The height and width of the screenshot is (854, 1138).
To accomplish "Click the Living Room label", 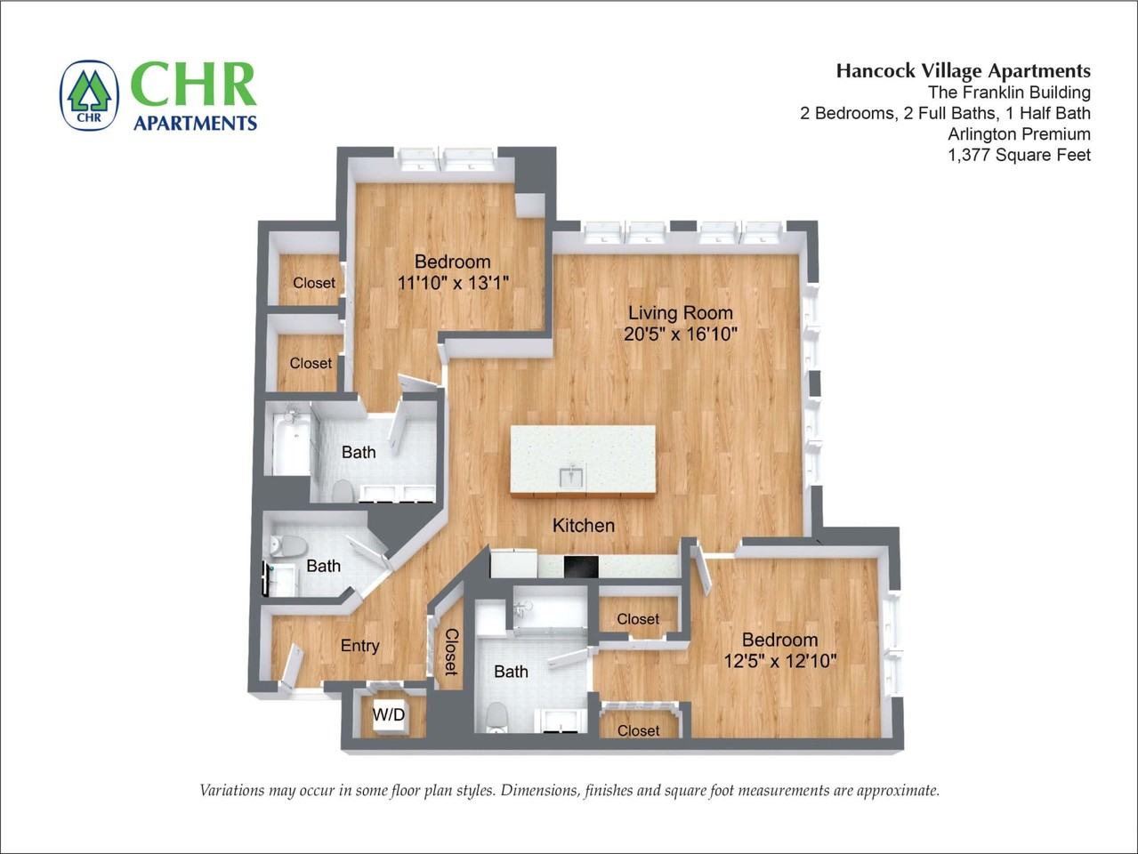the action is click(680, 313).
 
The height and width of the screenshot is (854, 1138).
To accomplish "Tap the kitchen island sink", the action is click(572, 477).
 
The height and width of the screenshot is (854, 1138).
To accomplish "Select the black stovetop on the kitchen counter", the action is click(581, 567).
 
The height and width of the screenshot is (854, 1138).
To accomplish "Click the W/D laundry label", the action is click(388, 715).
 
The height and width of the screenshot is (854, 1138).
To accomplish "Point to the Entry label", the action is click(359, 646).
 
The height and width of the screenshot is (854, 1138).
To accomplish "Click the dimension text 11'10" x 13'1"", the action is click(453, 283).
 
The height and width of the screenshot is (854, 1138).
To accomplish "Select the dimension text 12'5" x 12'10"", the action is click(779, 661).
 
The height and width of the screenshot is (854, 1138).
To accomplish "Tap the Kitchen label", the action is click(584, 526).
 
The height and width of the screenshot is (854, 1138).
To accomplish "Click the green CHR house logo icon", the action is click(89, 95).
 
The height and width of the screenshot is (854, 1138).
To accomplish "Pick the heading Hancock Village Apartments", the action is click(964, 71).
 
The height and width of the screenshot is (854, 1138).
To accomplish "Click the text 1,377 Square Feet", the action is click(1020, 155).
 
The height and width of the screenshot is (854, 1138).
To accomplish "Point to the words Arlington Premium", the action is click(1020, 134).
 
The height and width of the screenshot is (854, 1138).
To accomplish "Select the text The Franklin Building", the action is click(1009, 93).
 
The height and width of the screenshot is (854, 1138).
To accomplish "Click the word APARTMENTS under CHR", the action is click(195, 123).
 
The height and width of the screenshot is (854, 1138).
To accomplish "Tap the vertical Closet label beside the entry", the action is click(451, 651).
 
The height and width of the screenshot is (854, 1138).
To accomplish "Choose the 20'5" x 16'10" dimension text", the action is click(680, 334).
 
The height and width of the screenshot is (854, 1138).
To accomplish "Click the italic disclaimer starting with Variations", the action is click(569, 790).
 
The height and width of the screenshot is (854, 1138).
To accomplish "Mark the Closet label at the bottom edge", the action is click(638, 730).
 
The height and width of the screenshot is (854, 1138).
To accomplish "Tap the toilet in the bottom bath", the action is click(497, 716).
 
